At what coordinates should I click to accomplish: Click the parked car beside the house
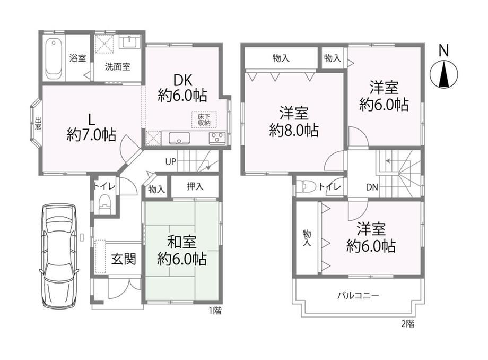[58, 255]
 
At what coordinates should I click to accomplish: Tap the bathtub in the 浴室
[55, 58]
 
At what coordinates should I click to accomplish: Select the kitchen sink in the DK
[179, 138]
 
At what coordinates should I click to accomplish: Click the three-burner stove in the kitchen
[217, 138]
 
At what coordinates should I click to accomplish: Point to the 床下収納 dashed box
[204, 119]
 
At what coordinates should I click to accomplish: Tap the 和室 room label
[182, 242]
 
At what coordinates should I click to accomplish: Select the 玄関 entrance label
[124, 259]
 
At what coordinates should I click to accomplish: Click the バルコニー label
[358, 295]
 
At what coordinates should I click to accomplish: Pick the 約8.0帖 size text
[294, 130]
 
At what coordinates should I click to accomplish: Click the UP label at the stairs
[171, 162]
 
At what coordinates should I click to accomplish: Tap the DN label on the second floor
[372, 187]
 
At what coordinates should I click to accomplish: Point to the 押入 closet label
[195, 186]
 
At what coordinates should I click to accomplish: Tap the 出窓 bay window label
[38, 123]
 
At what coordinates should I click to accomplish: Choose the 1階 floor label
[215, 311]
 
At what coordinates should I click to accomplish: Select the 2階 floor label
[407, 324]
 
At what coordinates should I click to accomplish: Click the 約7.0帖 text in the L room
[91, 135]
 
